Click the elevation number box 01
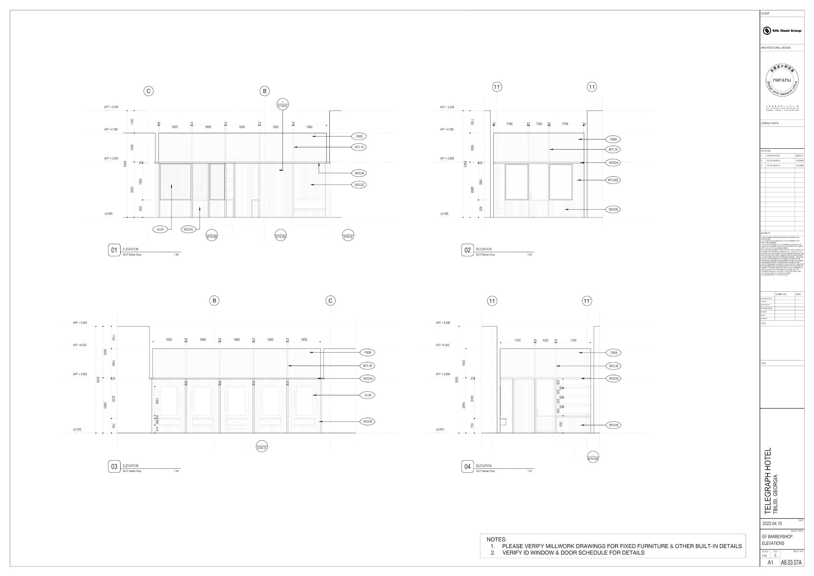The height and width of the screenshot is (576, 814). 114,250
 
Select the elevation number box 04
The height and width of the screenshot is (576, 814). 467,467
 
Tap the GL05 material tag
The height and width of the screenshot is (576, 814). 160,229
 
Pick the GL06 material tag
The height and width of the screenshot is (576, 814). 367,395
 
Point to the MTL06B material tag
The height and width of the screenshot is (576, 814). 613,180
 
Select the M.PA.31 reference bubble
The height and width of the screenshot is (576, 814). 262,446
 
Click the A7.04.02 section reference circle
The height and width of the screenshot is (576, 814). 282,104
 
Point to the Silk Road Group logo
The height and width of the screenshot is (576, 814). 782,30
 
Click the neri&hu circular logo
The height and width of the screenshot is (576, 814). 782,81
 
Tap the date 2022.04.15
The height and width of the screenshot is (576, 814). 772,523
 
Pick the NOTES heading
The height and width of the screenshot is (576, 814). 496,539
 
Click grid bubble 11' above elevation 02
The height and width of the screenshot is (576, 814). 497,87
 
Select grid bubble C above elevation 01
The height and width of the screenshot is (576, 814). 149,91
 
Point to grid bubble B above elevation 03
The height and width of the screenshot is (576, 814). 214,301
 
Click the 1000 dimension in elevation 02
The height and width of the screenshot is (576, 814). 539,124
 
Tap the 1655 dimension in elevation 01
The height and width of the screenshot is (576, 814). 175,127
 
